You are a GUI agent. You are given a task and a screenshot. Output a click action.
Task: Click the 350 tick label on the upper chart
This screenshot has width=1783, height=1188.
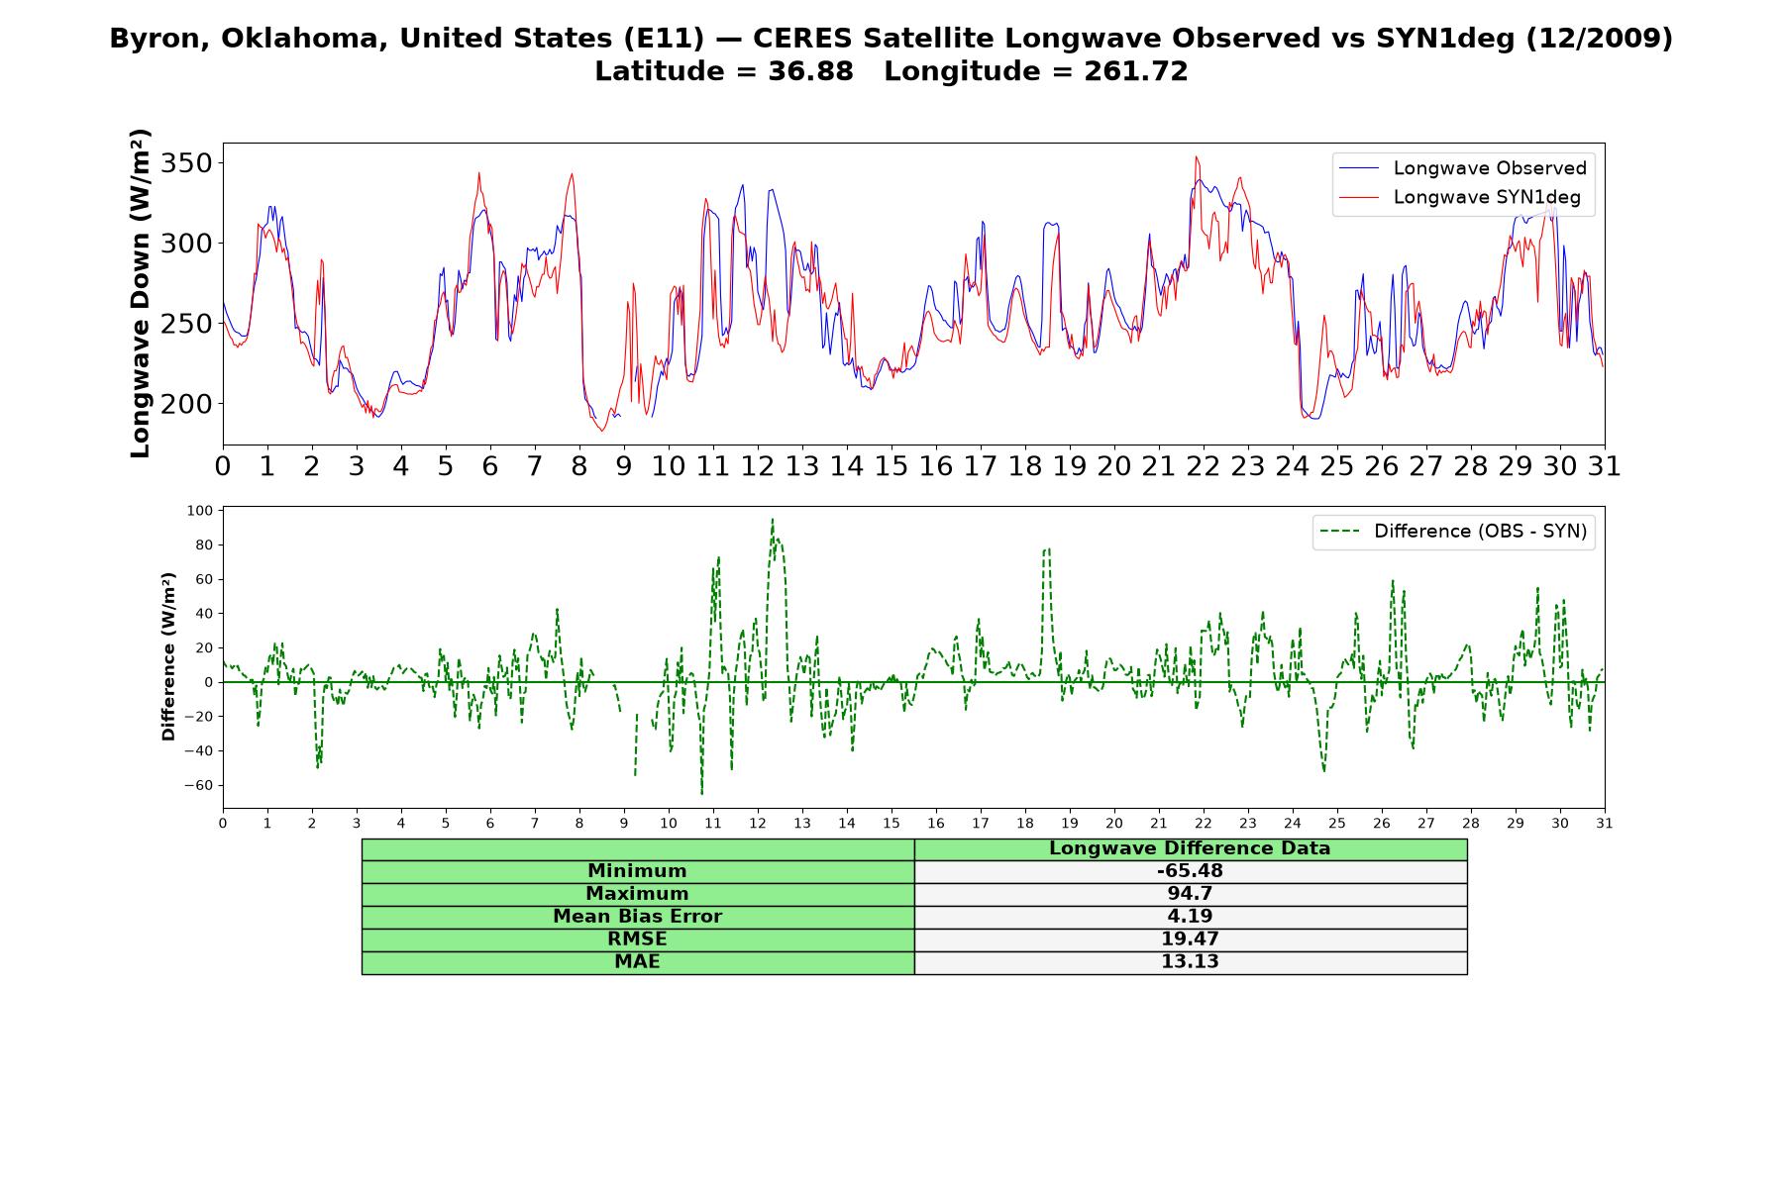tap(186, 162)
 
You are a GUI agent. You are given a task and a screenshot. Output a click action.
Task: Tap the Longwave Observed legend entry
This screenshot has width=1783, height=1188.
tap(1462, 168)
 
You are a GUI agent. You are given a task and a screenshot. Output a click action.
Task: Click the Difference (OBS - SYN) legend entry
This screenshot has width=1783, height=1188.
tap(1453, 532)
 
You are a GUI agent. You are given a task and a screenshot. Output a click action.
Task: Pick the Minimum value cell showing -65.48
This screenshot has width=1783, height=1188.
tap(1190, 871)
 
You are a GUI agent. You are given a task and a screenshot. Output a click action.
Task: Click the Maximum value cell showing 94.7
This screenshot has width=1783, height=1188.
tap(1190, 894)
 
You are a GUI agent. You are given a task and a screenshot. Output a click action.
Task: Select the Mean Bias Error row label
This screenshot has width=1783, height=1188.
tap(638, 917)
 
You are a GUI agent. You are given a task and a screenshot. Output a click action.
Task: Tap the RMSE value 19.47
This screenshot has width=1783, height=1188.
tap(1190, 940)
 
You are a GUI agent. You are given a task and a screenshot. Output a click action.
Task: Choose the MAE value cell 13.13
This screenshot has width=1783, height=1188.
tap(1190, 962)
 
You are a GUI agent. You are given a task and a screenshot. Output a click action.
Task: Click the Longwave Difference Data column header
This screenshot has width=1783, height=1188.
tap(1190, 848)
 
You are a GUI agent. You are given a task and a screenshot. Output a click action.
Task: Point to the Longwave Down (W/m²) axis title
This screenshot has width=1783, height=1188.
tap(140, 293)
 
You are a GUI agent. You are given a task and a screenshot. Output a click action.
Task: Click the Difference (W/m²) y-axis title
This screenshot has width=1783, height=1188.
tap(168, 656)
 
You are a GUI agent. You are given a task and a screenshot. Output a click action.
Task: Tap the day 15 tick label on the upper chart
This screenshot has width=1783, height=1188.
tap(891, 466)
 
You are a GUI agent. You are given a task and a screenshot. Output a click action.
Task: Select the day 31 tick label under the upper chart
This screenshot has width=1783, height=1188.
tap(1605, 466)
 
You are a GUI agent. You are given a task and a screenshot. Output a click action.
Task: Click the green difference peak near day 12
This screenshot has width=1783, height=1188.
tap(773, 519)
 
